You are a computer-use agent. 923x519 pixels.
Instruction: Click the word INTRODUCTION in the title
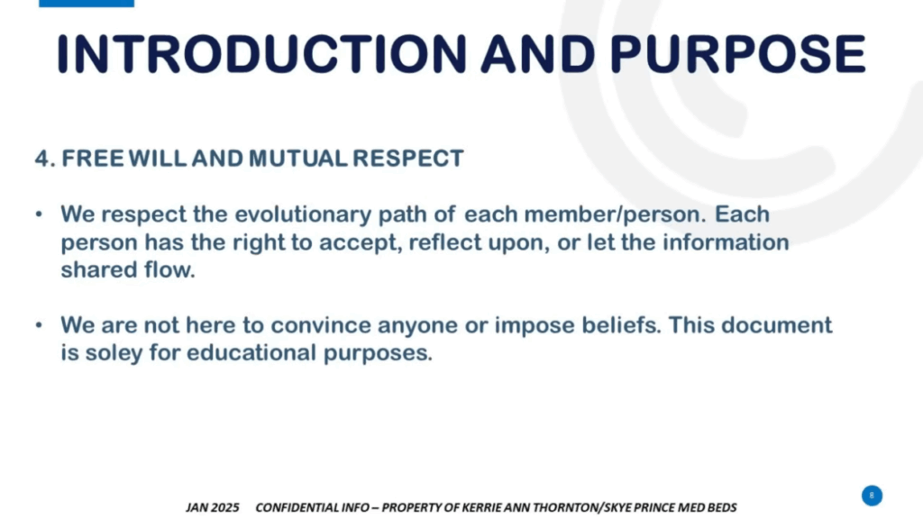262,53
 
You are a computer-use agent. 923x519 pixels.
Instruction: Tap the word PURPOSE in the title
737,53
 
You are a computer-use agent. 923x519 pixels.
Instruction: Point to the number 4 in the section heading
41,159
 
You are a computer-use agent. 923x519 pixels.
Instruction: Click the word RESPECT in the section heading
408,159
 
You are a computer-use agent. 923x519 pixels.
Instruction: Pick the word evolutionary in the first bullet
303,214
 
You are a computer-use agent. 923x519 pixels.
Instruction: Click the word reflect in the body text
445,242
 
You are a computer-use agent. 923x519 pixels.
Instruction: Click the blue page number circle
872,496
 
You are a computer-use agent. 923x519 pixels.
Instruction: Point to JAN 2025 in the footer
213,507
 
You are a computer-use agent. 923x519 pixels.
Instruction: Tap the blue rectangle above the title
87,3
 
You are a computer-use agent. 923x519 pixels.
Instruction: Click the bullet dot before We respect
39,214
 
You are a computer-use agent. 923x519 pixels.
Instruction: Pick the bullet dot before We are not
39,324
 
